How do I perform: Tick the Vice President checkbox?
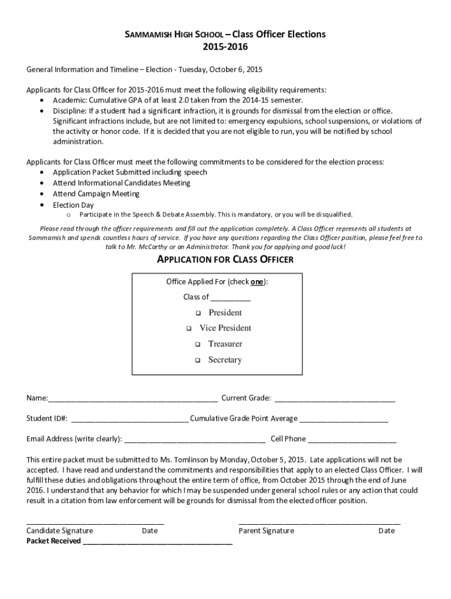point(189,329)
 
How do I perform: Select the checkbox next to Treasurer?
point(198,345)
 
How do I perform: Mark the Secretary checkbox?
point(198,360)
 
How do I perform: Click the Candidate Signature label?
point(60,531)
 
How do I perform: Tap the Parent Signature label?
point(266,531)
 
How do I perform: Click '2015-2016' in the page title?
point(225,46)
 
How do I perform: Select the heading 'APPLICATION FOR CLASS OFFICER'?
point(225,259)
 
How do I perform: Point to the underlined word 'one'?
point(257,282)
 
